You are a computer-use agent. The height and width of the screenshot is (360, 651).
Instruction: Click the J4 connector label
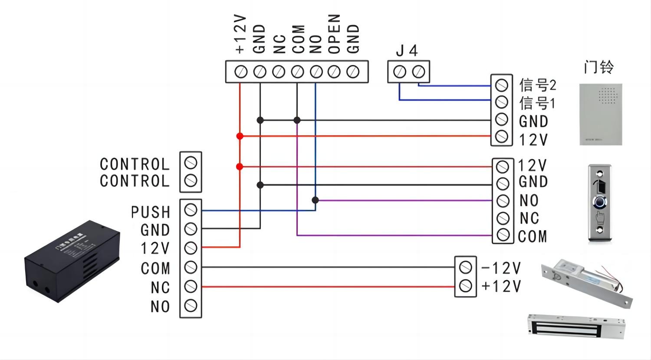[x=407, y=51]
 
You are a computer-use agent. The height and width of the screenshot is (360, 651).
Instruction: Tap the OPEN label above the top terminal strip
[x=334, y=34]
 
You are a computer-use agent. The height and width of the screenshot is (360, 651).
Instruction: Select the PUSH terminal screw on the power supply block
[x=191, y=210]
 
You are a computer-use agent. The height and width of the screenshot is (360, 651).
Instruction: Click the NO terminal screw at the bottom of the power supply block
[x=191, y=306]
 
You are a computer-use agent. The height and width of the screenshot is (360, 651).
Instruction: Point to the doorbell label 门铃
[x=598, y=67]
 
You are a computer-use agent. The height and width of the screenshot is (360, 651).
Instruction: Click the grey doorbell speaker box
[x=601, y=115]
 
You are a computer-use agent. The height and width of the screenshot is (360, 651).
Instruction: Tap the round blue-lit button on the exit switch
[x=599, y=202]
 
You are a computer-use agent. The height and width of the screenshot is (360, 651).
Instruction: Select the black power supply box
[x=72, y=262]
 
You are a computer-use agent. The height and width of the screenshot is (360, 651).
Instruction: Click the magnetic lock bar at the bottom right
[x=577, y=327]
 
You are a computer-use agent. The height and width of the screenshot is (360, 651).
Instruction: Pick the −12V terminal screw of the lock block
[x=465, y=267]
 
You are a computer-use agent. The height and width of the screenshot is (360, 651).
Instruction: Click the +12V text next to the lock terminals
[x=501, y=286]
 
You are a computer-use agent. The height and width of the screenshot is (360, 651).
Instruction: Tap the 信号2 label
[x=538, y=85]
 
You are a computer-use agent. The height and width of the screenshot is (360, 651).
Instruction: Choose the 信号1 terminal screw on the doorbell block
[x=501, y=102]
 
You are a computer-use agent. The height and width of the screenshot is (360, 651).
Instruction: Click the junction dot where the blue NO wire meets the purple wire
[x=316, y=200]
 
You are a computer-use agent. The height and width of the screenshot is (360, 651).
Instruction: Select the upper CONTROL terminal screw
[x=191, y=163]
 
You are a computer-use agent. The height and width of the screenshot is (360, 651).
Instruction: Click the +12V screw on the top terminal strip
[x=241, y=72]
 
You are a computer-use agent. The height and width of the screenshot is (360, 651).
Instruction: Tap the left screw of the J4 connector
[x=400, y=72]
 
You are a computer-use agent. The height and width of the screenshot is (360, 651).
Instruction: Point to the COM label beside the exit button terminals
[x=533, y=236]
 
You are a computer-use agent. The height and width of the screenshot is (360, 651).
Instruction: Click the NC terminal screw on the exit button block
[x=503, y=218]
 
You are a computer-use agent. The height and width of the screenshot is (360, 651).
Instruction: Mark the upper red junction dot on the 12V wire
[x=240, y=136]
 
